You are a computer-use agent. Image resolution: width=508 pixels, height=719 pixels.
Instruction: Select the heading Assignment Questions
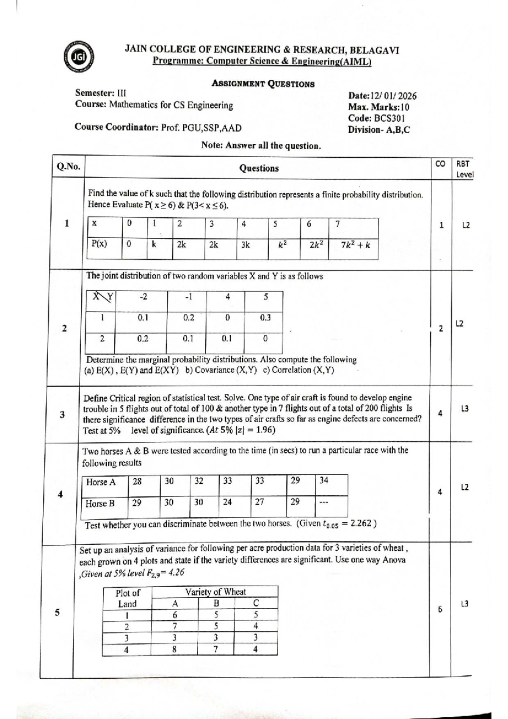pos(263,84)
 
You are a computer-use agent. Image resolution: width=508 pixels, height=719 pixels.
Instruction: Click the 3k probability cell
pos(246,245)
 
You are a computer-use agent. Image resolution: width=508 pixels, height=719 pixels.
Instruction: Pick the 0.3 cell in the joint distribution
pos(265,318)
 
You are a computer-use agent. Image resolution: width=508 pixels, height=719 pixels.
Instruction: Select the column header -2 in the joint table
pos(144,297)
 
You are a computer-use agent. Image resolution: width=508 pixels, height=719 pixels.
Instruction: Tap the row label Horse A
pos(101,482)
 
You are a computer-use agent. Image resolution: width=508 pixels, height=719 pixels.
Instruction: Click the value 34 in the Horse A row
pos(324,480)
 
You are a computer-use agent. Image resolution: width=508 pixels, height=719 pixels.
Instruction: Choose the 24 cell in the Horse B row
pos(227,502)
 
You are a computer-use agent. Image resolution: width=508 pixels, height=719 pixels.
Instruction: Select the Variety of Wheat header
pos(215,592)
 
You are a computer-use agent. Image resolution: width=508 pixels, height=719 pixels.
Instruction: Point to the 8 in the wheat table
pos(174,649)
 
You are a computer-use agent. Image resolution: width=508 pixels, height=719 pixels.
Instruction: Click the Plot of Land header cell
pos(127,598)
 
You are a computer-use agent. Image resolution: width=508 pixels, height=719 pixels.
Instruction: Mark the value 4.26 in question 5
pos(175,572)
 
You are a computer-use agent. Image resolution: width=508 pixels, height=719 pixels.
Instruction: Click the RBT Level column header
pos(464,169)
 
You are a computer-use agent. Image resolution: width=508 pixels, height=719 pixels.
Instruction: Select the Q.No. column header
pos(68,167)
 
